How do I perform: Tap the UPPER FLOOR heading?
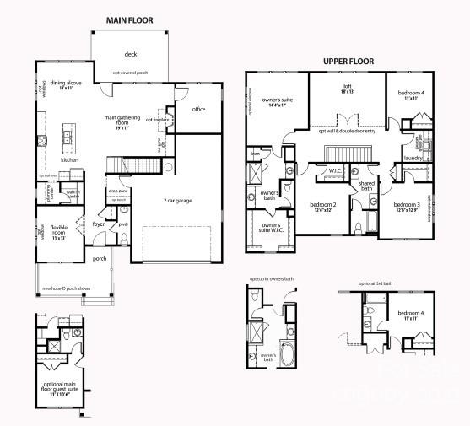348,61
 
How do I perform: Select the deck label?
131,54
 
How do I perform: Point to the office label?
198,110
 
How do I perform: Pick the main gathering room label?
122,121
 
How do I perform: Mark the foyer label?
98,224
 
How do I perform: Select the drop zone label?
118,191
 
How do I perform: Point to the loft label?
346,88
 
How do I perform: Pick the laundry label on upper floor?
413,158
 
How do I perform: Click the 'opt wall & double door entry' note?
347,131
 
